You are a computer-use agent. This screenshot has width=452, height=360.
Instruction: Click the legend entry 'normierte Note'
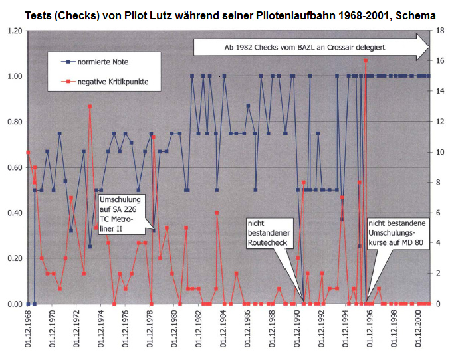pyautogui.click(x=105, y=61)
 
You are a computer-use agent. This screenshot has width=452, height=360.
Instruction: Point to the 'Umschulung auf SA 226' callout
pyautogui.click(x=122, y=213)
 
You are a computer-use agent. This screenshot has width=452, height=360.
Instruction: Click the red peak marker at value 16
pyautogui.click(x=366, y=60)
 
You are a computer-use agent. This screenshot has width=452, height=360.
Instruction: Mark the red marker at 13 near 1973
pyautogui.click(x=90, y=106)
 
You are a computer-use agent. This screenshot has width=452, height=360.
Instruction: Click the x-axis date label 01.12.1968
pyautogui.click(x=27, y=330)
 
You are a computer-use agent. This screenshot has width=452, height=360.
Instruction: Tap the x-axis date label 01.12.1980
pyautogui.click(x=173, y=330)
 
